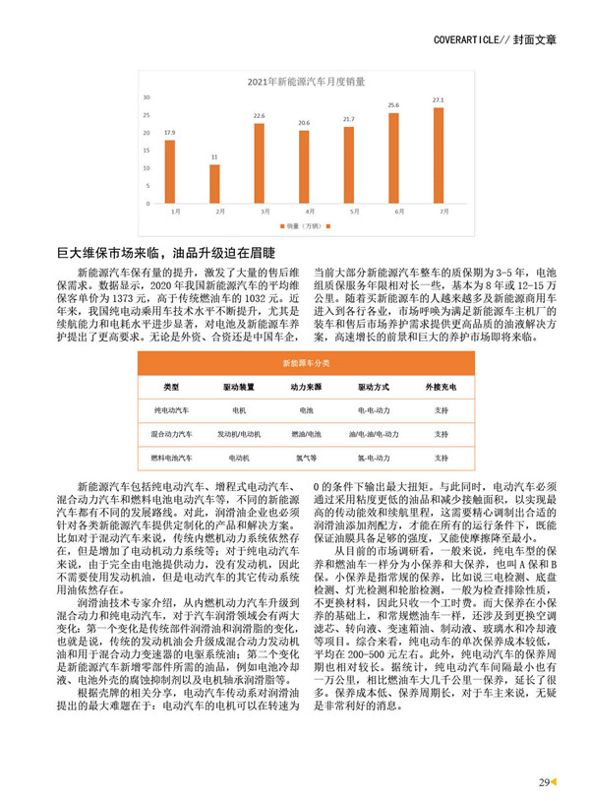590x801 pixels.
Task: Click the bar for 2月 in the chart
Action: (x=215, y=184)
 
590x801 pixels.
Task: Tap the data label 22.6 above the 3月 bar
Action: (x=260, y=116)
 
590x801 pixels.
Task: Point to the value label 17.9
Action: (x=170, y=132)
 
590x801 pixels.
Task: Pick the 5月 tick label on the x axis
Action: (x=349, y=211)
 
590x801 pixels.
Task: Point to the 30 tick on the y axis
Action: (x=146, y=98)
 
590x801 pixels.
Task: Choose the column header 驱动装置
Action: (x=238, y=386)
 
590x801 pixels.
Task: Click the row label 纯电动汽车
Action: (x=172, y=408)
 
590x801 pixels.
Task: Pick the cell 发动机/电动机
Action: (x=238, y=433)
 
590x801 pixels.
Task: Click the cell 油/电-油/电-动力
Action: (x=374, y=433)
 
